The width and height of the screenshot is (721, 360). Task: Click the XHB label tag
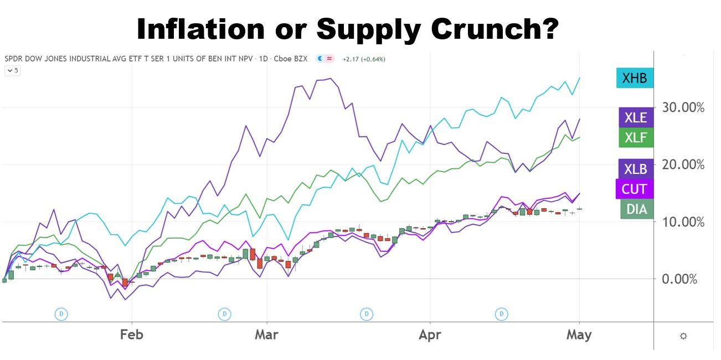coord(635,78)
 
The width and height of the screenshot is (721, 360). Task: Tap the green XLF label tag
coord(636,137)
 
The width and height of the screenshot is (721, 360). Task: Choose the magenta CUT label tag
coord(635,189)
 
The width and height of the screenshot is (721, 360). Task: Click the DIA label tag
coord(637,208)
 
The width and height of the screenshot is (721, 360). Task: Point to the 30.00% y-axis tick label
coord(683,107)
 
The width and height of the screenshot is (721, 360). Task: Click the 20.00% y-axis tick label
coord(683,164)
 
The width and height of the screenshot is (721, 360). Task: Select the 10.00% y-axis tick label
coord(683,222)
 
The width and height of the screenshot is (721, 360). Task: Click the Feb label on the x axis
coord(131,335)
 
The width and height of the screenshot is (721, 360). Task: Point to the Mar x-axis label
coord(267,335)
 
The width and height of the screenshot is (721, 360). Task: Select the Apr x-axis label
coord(430,335)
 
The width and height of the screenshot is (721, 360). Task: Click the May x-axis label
coord(579,335)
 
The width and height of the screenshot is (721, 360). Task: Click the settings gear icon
coord(683,336)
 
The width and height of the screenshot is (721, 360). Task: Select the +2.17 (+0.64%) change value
coord(364,59)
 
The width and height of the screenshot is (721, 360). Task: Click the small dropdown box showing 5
coord(12,70)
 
